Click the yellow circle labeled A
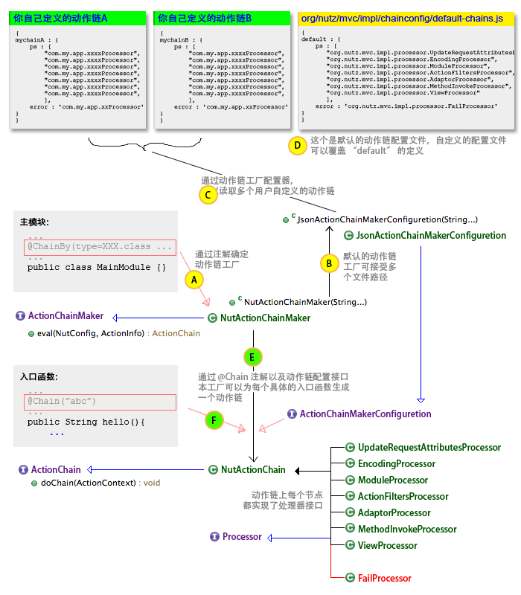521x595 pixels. click(x=193, y=279)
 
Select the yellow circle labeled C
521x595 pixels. click(x=208, y=194)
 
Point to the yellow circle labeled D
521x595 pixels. click(x=297, y=145)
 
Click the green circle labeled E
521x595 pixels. click(x=252, y=357)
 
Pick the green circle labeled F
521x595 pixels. click(x=214, y=420)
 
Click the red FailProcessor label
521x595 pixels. click(x=384, y=578)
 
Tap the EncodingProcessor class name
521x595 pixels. click(x=397, y=463)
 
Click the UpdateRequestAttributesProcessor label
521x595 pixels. click(x=429, y=447)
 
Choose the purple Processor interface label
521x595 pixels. click(x=242, y=536)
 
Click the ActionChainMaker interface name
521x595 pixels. click(x=65, y=316)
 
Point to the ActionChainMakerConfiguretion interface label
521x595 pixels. click(x=365, y=414)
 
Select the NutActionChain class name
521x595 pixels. click(x=253, y=469)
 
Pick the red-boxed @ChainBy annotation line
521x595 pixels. click(x=100, y=246)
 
